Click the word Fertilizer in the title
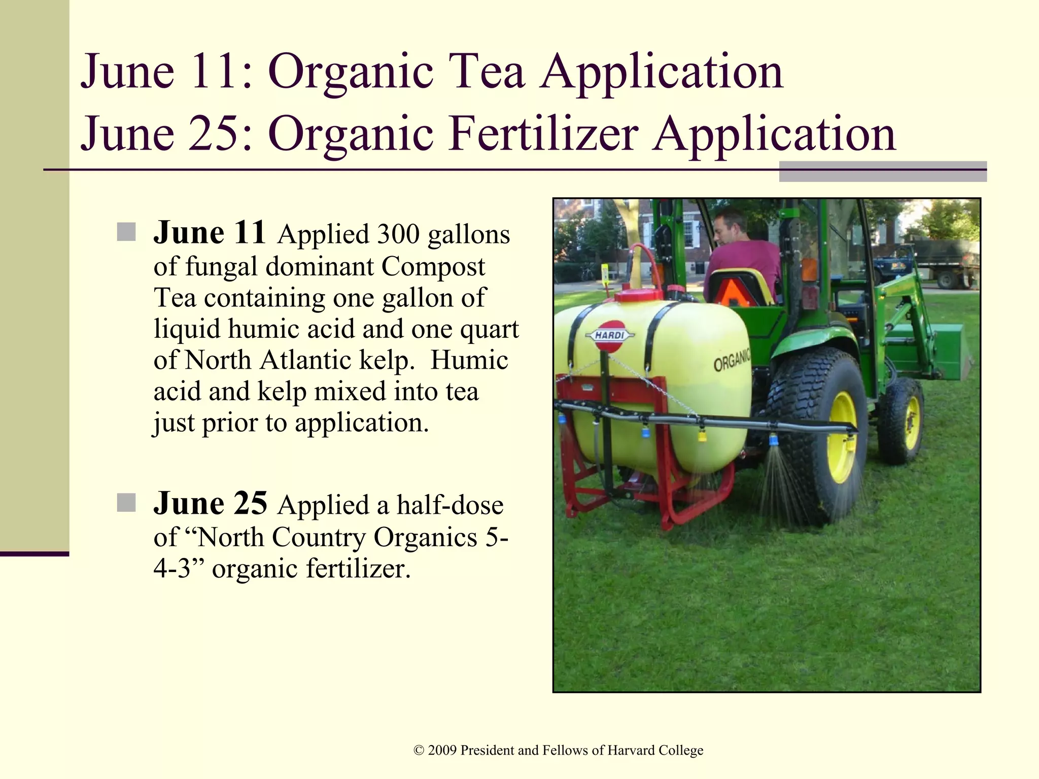tap(543, 134)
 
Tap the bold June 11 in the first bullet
tap(210, 233)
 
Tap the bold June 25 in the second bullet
tap(210, 504)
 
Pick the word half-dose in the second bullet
tap(450, 506)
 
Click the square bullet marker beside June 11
tap(126, 232)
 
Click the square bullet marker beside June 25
tap(126, 503)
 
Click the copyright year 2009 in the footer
tap(442, 751)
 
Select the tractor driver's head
tap(728, 226)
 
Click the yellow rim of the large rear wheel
tap(841, 437)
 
